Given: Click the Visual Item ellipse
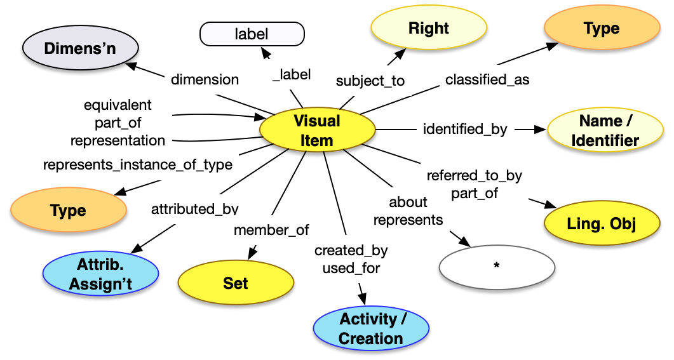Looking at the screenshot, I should (x=317, y=130).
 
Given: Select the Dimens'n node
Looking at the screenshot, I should (x=80, y=48).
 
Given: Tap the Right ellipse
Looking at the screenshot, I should (x=429, y=29).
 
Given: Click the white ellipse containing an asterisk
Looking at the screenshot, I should (x=496, y=265).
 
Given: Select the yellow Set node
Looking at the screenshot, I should (x=235, y=283).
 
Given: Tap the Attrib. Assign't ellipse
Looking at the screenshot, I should (x=100, y=274).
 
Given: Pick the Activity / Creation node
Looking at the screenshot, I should (x=371, y=328).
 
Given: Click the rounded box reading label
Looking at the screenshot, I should (x=252, y=34).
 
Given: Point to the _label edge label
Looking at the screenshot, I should (x=292, y=74).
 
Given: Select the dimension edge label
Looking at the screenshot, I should (x=205, y=79).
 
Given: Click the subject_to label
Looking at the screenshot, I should (x=370, y=81).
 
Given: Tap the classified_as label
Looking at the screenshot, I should (x=487, y=80).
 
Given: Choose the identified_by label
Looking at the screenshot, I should (x=465, y=129).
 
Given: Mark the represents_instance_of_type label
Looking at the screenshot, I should (x=137, y=165).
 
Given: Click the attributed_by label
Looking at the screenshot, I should (x=194, y=208).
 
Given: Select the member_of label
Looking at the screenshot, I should (x=271, y=230).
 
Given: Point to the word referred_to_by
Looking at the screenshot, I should (x=474, y=175).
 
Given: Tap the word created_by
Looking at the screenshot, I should (x=351, y=250).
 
